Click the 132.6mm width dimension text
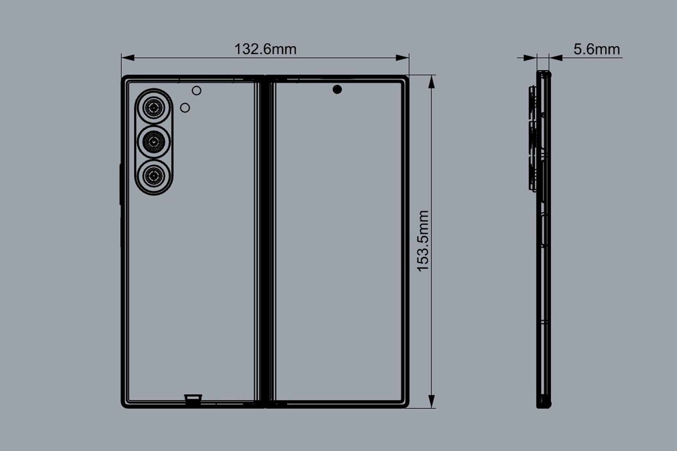click(265, 49)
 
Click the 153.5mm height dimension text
click(423, 241)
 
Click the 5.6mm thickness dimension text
click(596, 49)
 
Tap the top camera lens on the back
click(153, 107)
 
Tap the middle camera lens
click(153, 142)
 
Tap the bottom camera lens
click(153, 176)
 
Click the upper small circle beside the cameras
click(196, 91)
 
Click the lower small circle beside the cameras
click(185, 107)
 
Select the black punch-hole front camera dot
click(337, 89)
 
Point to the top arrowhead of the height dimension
click(431, 82)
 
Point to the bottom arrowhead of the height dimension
click(431, 401)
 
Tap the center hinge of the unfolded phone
click(265, 241)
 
